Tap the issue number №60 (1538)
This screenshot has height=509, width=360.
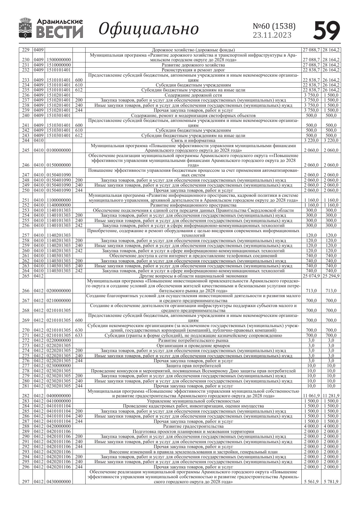pyautogui.click(x=274, y=26)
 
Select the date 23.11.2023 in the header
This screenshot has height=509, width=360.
pyautogui.click(x=272, y=35)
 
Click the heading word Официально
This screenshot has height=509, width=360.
pyautogui.click(x=149, y=29)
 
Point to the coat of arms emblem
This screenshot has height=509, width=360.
pyautogui.click(x=26, y=28)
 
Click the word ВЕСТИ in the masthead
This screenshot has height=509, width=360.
pyautogui.click(x=60, y=32)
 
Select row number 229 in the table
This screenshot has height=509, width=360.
pyautogui.click(x=26, y=50)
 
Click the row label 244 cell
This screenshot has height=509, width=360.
pyautogui.click(x=26, y=140)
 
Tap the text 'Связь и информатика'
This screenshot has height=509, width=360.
pyautogui.click(x=193, y=140)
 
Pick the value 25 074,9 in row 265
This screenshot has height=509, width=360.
pyautogui.click(x=311, y=276)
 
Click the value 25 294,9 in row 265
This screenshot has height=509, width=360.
pyautogui.click(x=331, y=276)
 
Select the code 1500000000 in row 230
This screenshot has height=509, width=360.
pyautogui.click(x=59, y=60)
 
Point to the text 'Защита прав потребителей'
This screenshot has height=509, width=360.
pyautogui.click(x=193, y=366)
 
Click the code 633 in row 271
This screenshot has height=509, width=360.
pyautogui.click(x=79, y=335)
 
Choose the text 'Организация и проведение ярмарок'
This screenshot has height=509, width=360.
pyautogui.click(x=193, y=346)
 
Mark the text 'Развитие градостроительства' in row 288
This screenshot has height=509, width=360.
pyautogui.click(x=193, y=426)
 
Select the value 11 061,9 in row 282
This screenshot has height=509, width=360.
pyautogui.click(x=311, y=396)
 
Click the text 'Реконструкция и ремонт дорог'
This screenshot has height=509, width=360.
pyautogui.click(x=193, y=70)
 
